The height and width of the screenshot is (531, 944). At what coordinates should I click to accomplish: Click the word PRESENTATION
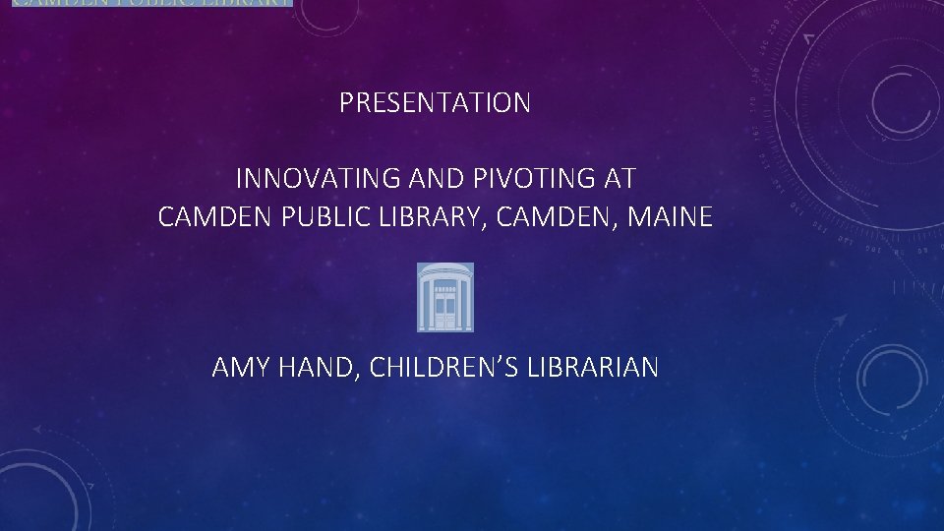point(435,102)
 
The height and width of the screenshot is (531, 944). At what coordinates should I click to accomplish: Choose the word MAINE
point(670,216)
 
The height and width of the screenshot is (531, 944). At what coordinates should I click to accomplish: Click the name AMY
point(235,368)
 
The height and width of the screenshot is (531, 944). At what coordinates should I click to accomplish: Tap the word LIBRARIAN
point(593,368)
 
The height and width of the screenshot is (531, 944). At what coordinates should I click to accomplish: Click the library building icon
point(445,296)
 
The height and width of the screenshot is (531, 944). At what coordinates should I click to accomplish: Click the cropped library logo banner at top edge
point(152,3)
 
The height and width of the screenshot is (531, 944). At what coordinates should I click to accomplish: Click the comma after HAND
point(339,377)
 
